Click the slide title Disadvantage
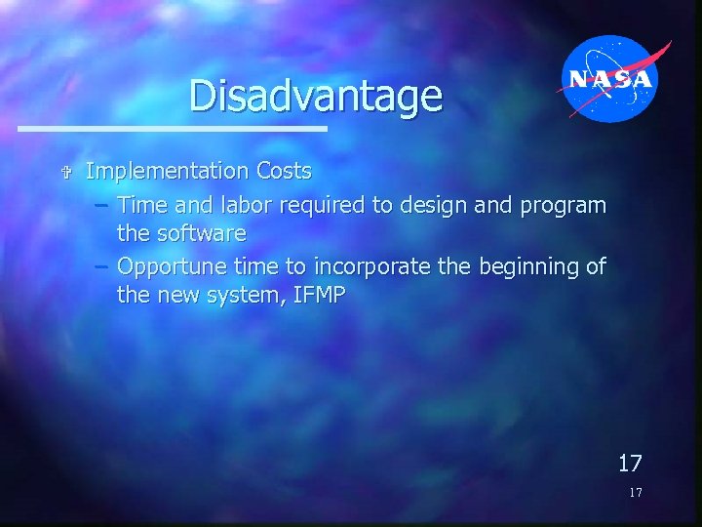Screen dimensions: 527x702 pos(315,96)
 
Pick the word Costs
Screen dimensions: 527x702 pos(284,172)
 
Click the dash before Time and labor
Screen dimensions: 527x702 pos(102,206)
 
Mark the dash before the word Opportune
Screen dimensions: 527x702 pos(102,266)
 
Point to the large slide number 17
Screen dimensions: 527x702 pos(629,462)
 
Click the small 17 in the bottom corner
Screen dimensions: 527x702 pos(635,493)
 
